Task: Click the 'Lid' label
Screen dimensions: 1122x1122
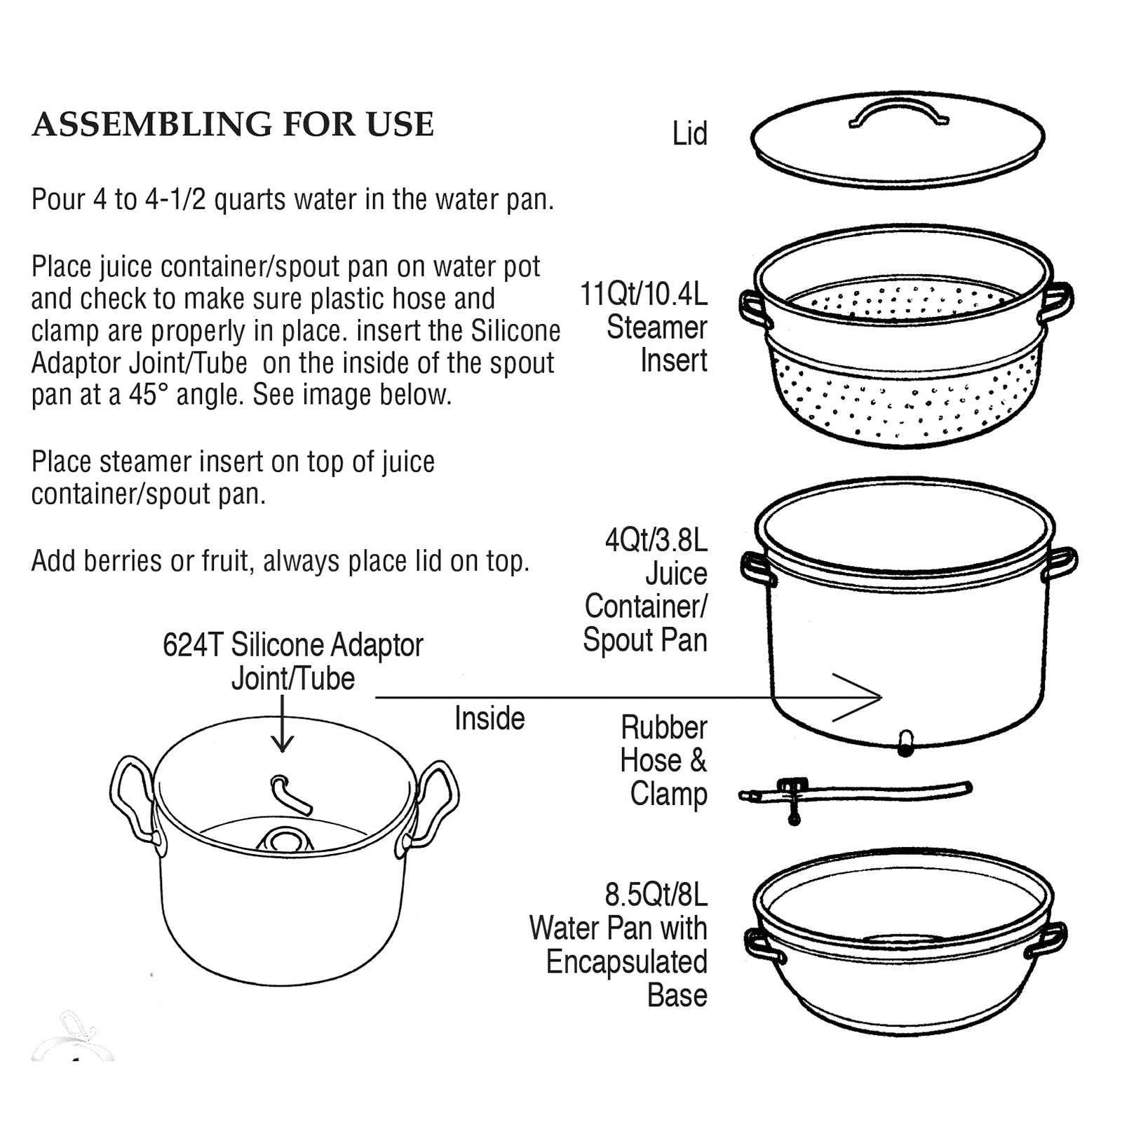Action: coord(689,134)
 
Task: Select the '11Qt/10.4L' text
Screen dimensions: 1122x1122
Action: coord(643,294)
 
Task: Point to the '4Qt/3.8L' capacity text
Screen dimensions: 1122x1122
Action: coord(656,541)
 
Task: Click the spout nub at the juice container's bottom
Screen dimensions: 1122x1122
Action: coord(905,743)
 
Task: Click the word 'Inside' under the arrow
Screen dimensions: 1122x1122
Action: coord(489,719)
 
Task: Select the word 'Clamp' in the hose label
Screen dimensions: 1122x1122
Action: coord(668,795)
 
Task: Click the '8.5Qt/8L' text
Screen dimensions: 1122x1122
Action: coord(656,895)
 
